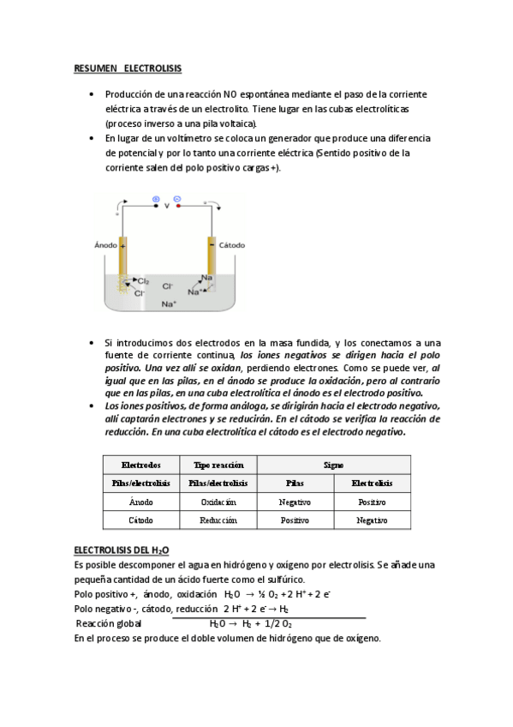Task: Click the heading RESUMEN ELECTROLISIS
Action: [x=128, y=67]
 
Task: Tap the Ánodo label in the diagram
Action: [x=104, y=245]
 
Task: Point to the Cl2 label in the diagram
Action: [x=143, y=280]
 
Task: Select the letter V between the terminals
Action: [x=166, y=206]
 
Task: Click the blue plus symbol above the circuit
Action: [x=156, y=198]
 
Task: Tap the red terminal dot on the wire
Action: [x=178, y=206]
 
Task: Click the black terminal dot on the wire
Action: [x=155, y=206]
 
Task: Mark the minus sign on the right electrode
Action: [x=210, y=246]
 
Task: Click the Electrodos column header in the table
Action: [x=140, y=464]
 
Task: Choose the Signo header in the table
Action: [x=333, y=464]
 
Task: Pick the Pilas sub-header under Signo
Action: [x=295, y=483]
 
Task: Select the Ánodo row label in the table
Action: [x=140, y=502]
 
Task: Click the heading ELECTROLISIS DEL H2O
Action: [x=128, y=549]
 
